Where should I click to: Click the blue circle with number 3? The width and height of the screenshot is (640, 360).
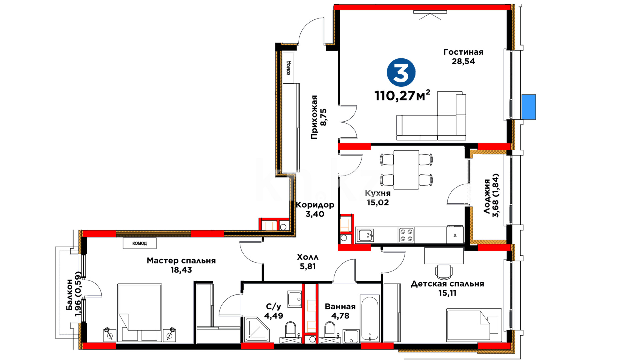click(401, 72)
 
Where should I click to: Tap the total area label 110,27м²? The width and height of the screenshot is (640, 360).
click(402, 95)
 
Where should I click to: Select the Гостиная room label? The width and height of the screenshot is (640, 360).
click(463, 52)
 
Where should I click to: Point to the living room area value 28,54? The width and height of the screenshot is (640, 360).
click(463, 61)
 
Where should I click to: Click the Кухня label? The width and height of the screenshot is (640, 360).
click(378, 193)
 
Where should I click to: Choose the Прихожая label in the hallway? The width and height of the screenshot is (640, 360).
click(314, 117)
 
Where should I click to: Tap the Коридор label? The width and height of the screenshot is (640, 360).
click(315, 205)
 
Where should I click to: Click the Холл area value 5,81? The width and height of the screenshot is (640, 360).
click(308, 266)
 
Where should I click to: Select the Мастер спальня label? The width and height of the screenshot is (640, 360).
click(181, 261)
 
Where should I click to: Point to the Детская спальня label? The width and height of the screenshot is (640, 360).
click(447, 284)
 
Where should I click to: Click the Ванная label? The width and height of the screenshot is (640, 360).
click(340, 306)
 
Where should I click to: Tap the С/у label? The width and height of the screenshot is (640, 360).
click(273, 307)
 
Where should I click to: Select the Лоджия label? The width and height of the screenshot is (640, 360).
click(487, 196)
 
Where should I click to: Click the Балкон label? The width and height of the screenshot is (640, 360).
click(69, 295)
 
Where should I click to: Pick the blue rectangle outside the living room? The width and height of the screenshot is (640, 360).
click(529, 107)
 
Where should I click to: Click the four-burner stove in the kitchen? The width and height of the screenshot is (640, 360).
click(406, 235)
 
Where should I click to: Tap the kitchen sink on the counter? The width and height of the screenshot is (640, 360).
click(365, 235)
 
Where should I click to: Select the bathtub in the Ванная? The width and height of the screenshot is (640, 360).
click(370, 318)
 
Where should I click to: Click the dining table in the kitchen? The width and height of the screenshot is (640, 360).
click(406, 170)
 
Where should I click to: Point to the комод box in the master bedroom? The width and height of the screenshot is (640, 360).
click(139, 243)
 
